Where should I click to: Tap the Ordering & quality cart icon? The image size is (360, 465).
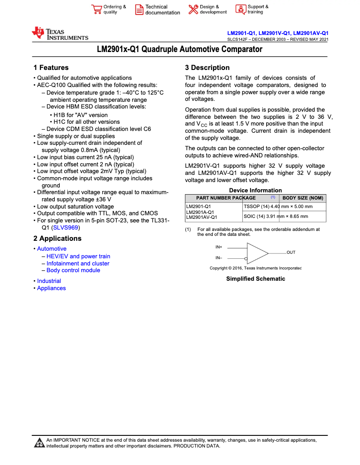pyautogui.click(x=97, y=9)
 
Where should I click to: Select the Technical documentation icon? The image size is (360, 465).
pyautogui.click(x=139, y=9)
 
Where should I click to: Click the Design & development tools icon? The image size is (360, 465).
pyautogui.click(x=193, y=9)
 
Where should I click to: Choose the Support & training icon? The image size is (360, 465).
pyautogui.click(x=241, y=9)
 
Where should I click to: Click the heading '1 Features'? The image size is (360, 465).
pyautogui.click(x=51, y=68)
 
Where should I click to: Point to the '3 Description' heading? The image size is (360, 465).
pyautogui.click(x=207, y=68)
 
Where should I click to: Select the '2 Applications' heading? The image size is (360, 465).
pyautogui.click(x=57, y=239)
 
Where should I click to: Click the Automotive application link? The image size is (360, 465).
pyautogui.click(x=52, y=249)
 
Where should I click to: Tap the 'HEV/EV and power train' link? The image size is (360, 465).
pyautogui.click(x=78, y=256)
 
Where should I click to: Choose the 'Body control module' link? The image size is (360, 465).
pyautogui.click(x=73, y=270)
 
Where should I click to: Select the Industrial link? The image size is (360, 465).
pyautogui.click(x=49, y=281)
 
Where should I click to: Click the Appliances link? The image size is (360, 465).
pyautogui.click(x=51, y=288)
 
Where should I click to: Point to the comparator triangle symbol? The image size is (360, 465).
pyautogui.click(x=257, y=253)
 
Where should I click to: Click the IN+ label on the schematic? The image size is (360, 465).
pyautogui.click(x=219, y=247)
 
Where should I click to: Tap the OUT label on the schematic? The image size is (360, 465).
pyautogui.click(x=291, y=252)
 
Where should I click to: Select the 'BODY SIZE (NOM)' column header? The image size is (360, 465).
pyautogui.click(x=303, y=198)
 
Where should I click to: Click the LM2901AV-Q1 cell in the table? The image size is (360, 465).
pyautogui.click(x=202, y=217)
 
